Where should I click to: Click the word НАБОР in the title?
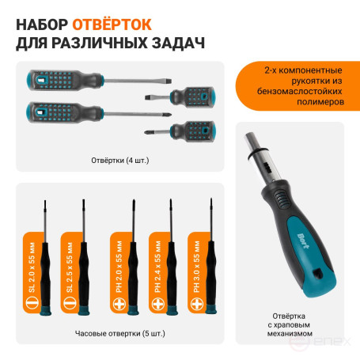point(42,17)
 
